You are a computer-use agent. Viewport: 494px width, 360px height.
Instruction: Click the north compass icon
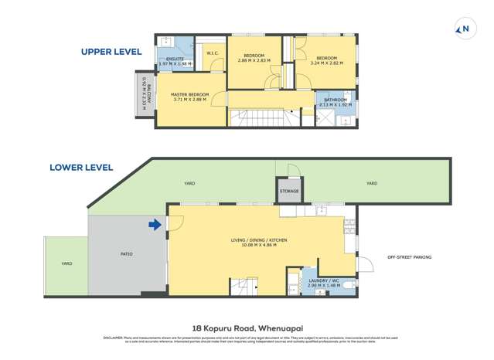tap(465, 29)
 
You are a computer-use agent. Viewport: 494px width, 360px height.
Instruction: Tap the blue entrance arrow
tap(155, 225)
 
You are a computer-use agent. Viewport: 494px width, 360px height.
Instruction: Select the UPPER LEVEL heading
tap(111, 52)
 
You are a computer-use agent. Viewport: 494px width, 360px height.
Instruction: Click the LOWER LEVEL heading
tap(81, 167)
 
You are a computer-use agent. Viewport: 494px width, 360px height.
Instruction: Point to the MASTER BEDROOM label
tap(190, 94)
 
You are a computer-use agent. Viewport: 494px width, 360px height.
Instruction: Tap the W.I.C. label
tap(211, 53)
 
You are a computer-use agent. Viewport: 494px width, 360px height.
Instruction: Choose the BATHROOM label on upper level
tap(336, 100)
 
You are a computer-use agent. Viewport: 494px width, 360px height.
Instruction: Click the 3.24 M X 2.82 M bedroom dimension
tap(325, 63)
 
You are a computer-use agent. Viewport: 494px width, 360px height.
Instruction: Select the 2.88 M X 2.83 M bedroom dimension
tap(254, 61)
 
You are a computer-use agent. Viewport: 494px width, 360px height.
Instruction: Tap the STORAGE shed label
tap(289, 191)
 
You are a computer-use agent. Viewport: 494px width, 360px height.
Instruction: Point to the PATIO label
tap(126, 252)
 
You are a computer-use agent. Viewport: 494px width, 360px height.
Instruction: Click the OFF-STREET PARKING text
tap(409, 257)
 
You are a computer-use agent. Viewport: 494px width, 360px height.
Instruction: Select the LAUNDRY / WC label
tap(323, 280)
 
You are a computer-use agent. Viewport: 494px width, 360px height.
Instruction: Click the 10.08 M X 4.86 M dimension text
tap(258, 245)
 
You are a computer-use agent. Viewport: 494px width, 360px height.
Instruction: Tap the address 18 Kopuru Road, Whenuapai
tap(247, 327)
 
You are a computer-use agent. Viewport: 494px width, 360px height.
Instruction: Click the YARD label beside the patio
tap(66, 263)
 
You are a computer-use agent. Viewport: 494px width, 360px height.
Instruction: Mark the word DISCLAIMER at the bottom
tap(113, 338)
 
